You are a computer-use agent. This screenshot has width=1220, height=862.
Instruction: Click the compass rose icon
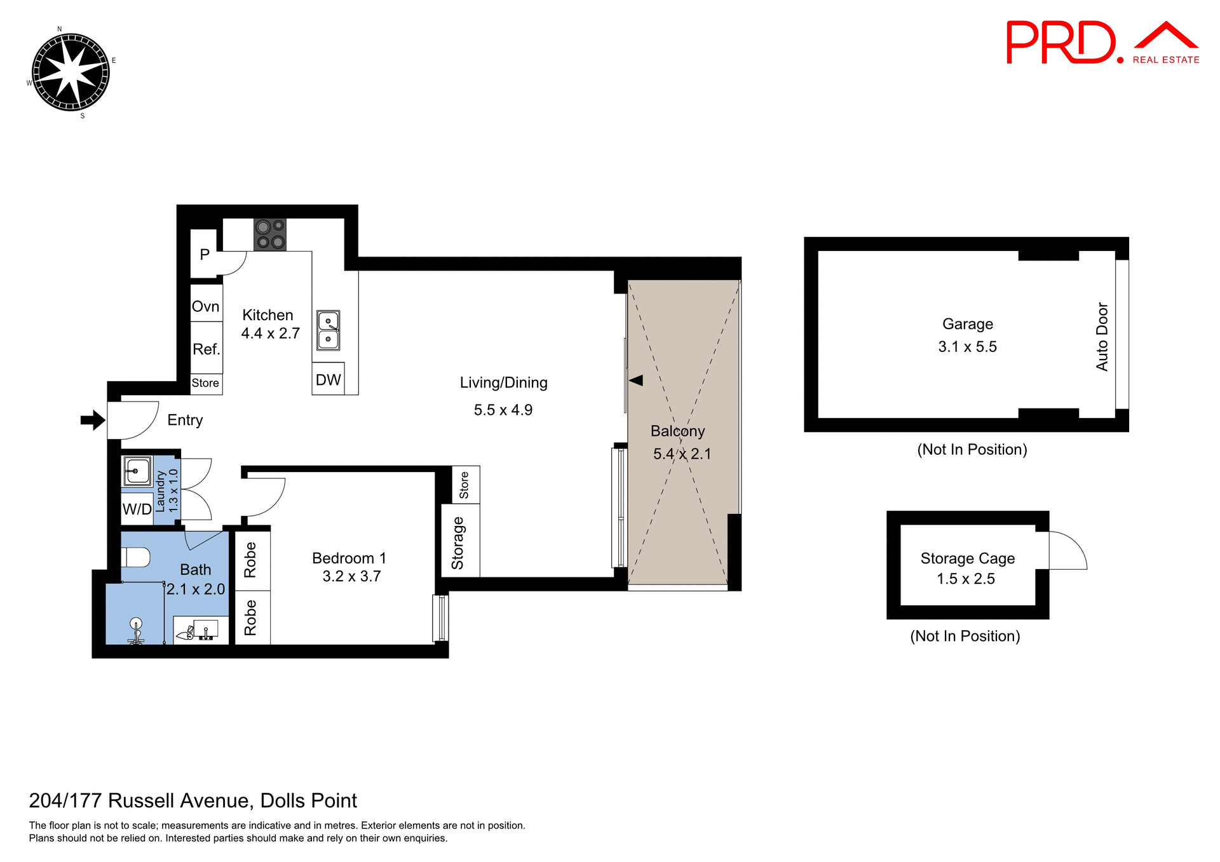tap(71, 72)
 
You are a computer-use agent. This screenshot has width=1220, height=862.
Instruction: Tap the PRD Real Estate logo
tap(1102, 43)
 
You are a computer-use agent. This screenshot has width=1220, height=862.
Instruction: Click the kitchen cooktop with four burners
tap(270, 234)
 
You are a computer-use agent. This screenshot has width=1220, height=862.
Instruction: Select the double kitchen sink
tap(328, 330)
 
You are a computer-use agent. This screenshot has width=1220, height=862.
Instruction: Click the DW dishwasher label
tap(328, 380)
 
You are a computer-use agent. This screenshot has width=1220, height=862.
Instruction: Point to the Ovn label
tap(206, 306)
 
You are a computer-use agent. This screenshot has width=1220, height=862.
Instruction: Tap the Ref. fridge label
tap(207, 349)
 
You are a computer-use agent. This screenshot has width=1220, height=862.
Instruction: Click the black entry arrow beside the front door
tap(93, 420)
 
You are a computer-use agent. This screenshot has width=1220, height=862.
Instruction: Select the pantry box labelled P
tap(204, 254)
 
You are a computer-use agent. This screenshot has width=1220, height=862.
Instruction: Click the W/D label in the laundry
tap(137, 509)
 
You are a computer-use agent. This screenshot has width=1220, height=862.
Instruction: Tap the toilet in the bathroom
tap(136, 558)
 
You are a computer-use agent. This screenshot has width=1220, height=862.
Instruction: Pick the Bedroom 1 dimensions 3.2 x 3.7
tap(351, 576)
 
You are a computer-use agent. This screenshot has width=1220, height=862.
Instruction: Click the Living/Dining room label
tap(503, 382)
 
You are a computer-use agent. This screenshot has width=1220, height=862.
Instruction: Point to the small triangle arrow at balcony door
tap(636, 380)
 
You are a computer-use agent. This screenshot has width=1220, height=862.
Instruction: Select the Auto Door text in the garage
tap(1102, 337)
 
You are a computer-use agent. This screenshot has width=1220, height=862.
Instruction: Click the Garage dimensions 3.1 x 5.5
tap(967, 347)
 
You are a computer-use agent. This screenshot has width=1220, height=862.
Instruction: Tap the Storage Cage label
tap(967, 558)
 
